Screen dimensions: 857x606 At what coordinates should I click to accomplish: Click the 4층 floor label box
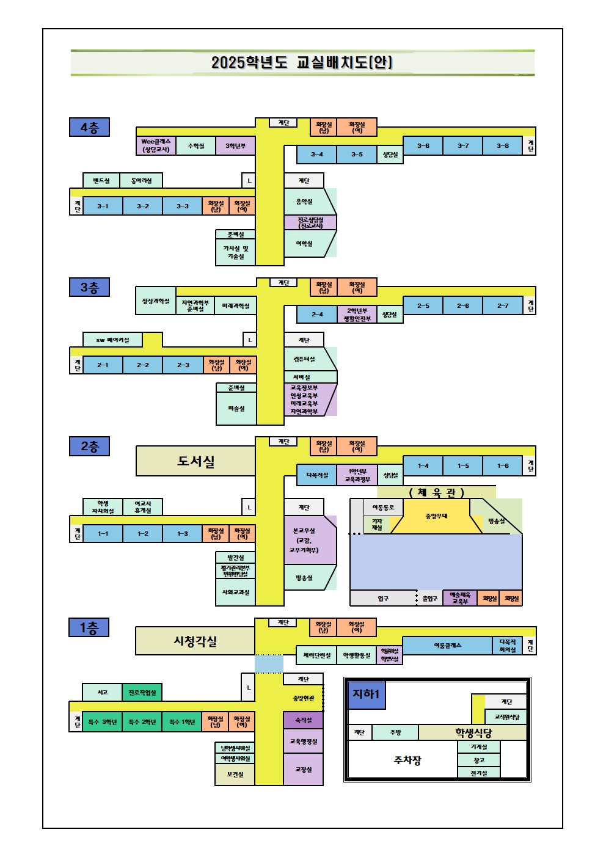click(89, 127)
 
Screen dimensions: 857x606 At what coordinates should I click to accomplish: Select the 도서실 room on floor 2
click(195, 461)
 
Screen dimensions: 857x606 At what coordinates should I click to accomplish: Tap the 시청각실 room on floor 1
click(195, 641)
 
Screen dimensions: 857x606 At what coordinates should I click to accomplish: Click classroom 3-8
click(502, 146)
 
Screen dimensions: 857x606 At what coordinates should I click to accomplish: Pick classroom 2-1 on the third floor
click(103, 365)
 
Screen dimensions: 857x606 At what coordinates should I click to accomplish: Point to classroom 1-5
click(463, 465)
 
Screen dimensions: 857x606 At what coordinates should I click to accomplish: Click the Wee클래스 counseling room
click(156, 145)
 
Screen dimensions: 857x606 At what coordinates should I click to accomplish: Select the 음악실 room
click(304, 201)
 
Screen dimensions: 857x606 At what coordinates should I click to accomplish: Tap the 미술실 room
click(236, 408)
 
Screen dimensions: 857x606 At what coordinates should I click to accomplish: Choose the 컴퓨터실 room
click(304, 359)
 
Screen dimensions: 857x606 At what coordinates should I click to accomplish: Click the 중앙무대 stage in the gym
click(436, 516)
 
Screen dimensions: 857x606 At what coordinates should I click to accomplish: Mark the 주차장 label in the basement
click(407, 760)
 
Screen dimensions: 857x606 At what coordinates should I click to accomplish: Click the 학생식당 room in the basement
click(473, 732)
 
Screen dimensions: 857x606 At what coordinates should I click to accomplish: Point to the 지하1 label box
click(366, 695)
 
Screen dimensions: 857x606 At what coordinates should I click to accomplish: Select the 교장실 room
click(304, 769)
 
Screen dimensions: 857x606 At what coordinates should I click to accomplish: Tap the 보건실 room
click(235, 774)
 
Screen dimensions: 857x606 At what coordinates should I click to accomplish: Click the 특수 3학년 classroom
click(103, 722)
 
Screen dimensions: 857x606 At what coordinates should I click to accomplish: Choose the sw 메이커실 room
click(112, 340)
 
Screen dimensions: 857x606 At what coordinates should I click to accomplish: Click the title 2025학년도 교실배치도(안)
click(302, 62)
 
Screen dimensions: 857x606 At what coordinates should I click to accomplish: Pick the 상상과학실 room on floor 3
click(156, 301)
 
